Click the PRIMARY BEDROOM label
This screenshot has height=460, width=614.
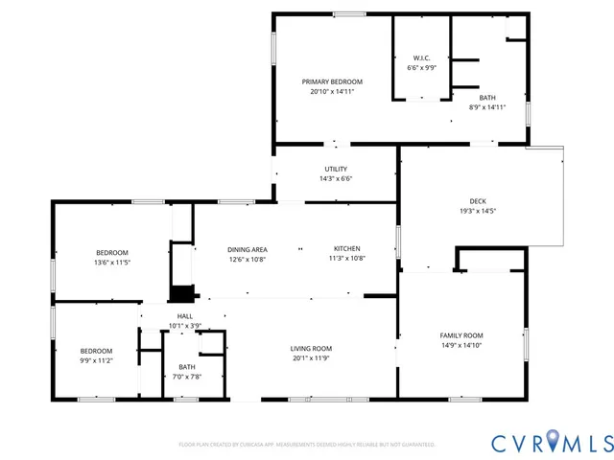click(x=333, y=81)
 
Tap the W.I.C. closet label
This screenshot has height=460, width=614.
click(x=421, y=57)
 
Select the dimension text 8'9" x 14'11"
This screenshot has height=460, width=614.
click(x=487, y=107)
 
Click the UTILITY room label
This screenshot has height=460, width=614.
click(x=336, y=169)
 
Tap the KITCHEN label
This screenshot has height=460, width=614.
click(x=347, y=248)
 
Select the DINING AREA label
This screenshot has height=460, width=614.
click(x=247, y=248)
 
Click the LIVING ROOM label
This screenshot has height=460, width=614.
click(x=311, y=349)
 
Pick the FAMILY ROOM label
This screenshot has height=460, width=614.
click(x=461, y=335)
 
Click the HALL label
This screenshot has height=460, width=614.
click(x=184, y=316)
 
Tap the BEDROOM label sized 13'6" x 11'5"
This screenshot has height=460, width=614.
click(x=111, y=252)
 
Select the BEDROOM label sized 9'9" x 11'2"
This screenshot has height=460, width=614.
click(x=96, y=350)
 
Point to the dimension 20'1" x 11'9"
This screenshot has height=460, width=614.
click(x=311, y=358)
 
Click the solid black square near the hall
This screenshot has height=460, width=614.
click(x=180, y=294)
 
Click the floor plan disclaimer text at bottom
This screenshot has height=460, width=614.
click(x=307, y=445)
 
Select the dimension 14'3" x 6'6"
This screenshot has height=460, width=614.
click(x=336, y=178)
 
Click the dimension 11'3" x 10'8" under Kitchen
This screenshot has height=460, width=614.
click(x=347, y=258)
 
